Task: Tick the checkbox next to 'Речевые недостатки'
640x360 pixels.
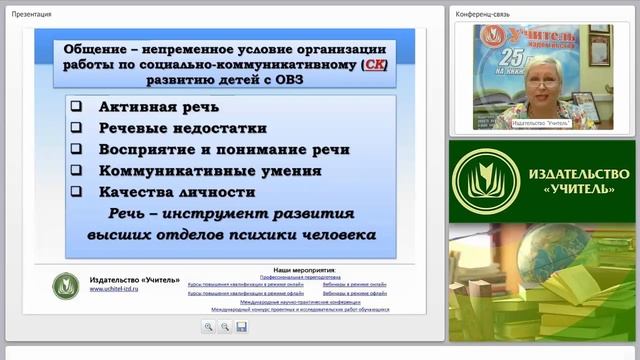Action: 77,128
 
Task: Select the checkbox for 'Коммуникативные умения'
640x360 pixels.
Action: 77,170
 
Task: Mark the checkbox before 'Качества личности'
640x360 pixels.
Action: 77,191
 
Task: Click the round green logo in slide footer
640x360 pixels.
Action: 66,285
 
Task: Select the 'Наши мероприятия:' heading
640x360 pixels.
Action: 298,270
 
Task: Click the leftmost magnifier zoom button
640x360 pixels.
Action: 208,326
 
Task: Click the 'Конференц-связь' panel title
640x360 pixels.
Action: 482,14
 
